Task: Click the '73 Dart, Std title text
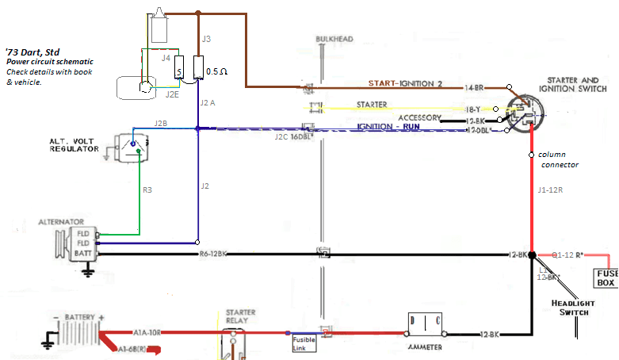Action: tap(33, 49)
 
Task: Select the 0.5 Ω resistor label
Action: tap(216, 71)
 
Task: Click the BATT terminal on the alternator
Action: tap(84, 253)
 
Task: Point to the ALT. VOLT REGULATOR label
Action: tap(73, 144)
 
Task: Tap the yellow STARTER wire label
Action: tap(372, 104)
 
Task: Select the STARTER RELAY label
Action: tap(240, 317)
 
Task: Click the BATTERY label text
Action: tap(81, 316)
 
